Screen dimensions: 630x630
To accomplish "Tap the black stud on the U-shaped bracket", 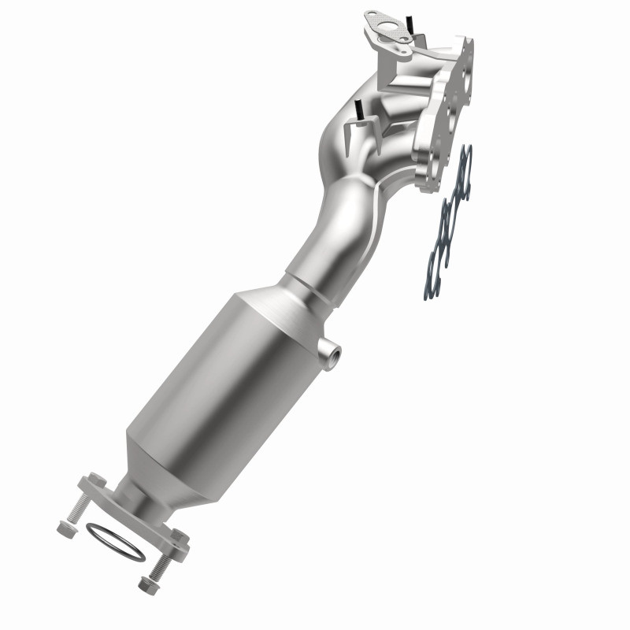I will pos(358,111).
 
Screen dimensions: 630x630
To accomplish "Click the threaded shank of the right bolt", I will pos(161,562).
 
